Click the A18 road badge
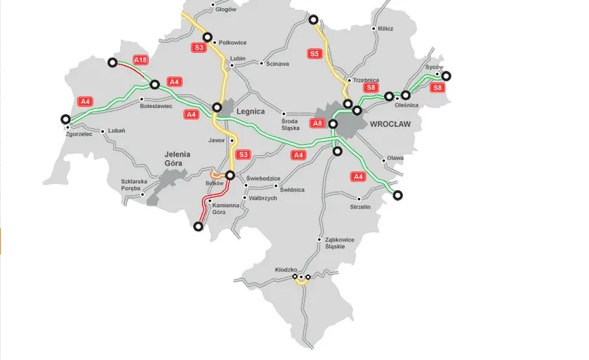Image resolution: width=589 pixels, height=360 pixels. [x=140, y=60]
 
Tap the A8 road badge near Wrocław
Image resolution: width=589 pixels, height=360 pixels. [x=317, y=123]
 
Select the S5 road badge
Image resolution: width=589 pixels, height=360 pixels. [x=314, y=53]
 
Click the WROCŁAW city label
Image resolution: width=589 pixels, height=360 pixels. [x=390, y=124]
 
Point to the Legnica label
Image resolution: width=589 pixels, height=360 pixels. [x=251, y=111]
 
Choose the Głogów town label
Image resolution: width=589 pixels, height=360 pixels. [x=226, y=10]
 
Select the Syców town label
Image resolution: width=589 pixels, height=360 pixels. [x=435, y=67]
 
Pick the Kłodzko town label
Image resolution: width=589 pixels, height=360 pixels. [x=286, y=269]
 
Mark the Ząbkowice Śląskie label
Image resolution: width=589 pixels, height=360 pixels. [x=340, y=243]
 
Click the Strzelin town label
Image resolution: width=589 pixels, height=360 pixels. [x=360, y=207]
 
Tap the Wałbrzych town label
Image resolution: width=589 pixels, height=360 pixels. [x=263, y=199]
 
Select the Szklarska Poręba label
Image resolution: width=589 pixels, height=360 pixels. [x=136, y=184]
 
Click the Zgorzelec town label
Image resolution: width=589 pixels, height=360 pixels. [x=79, y=133]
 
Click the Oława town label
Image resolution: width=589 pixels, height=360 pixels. [x=395, y=158]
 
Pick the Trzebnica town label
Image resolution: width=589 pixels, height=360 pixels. [x=366, y=80]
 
